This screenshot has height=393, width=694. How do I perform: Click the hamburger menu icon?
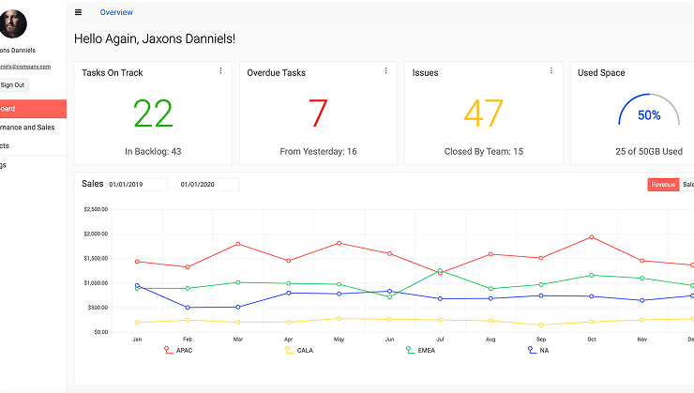click(x=78, y=12)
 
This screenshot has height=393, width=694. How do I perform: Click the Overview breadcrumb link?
click(x=116, y=12)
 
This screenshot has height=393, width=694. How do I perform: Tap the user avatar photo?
click(x=13, y=23)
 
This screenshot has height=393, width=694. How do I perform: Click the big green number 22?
click(x=153, y=113)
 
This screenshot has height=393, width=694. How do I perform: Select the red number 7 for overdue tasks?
click(x=318, y=113)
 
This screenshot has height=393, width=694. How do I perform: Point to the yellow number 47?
click(x=484, y=113)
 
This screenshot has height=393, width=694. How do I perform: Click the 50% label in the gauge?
click(x=649, y=115)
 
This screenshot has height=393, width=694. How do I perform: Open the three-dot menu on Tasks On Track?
click(x=220, y=70)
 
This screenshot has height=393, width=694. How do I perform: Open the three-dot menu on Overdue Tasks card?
click(x=385, y=70)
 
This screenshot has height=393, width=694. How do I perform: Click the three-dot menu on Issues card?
click(x=551, y=70)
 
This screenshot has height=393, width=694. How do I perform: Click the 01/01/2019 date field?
click(x=137, y=185)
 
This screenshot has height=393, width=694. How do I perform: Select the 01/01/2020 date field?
click(x=208, y=185)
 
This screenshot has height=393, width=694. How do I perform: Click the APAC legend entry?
click(x=182, y=350)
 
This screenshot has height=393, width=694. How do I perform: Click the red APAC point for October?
click(x=592, y=236)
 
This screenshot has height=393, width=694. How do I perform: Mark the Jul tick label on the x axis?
click(x=440, y=339)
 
